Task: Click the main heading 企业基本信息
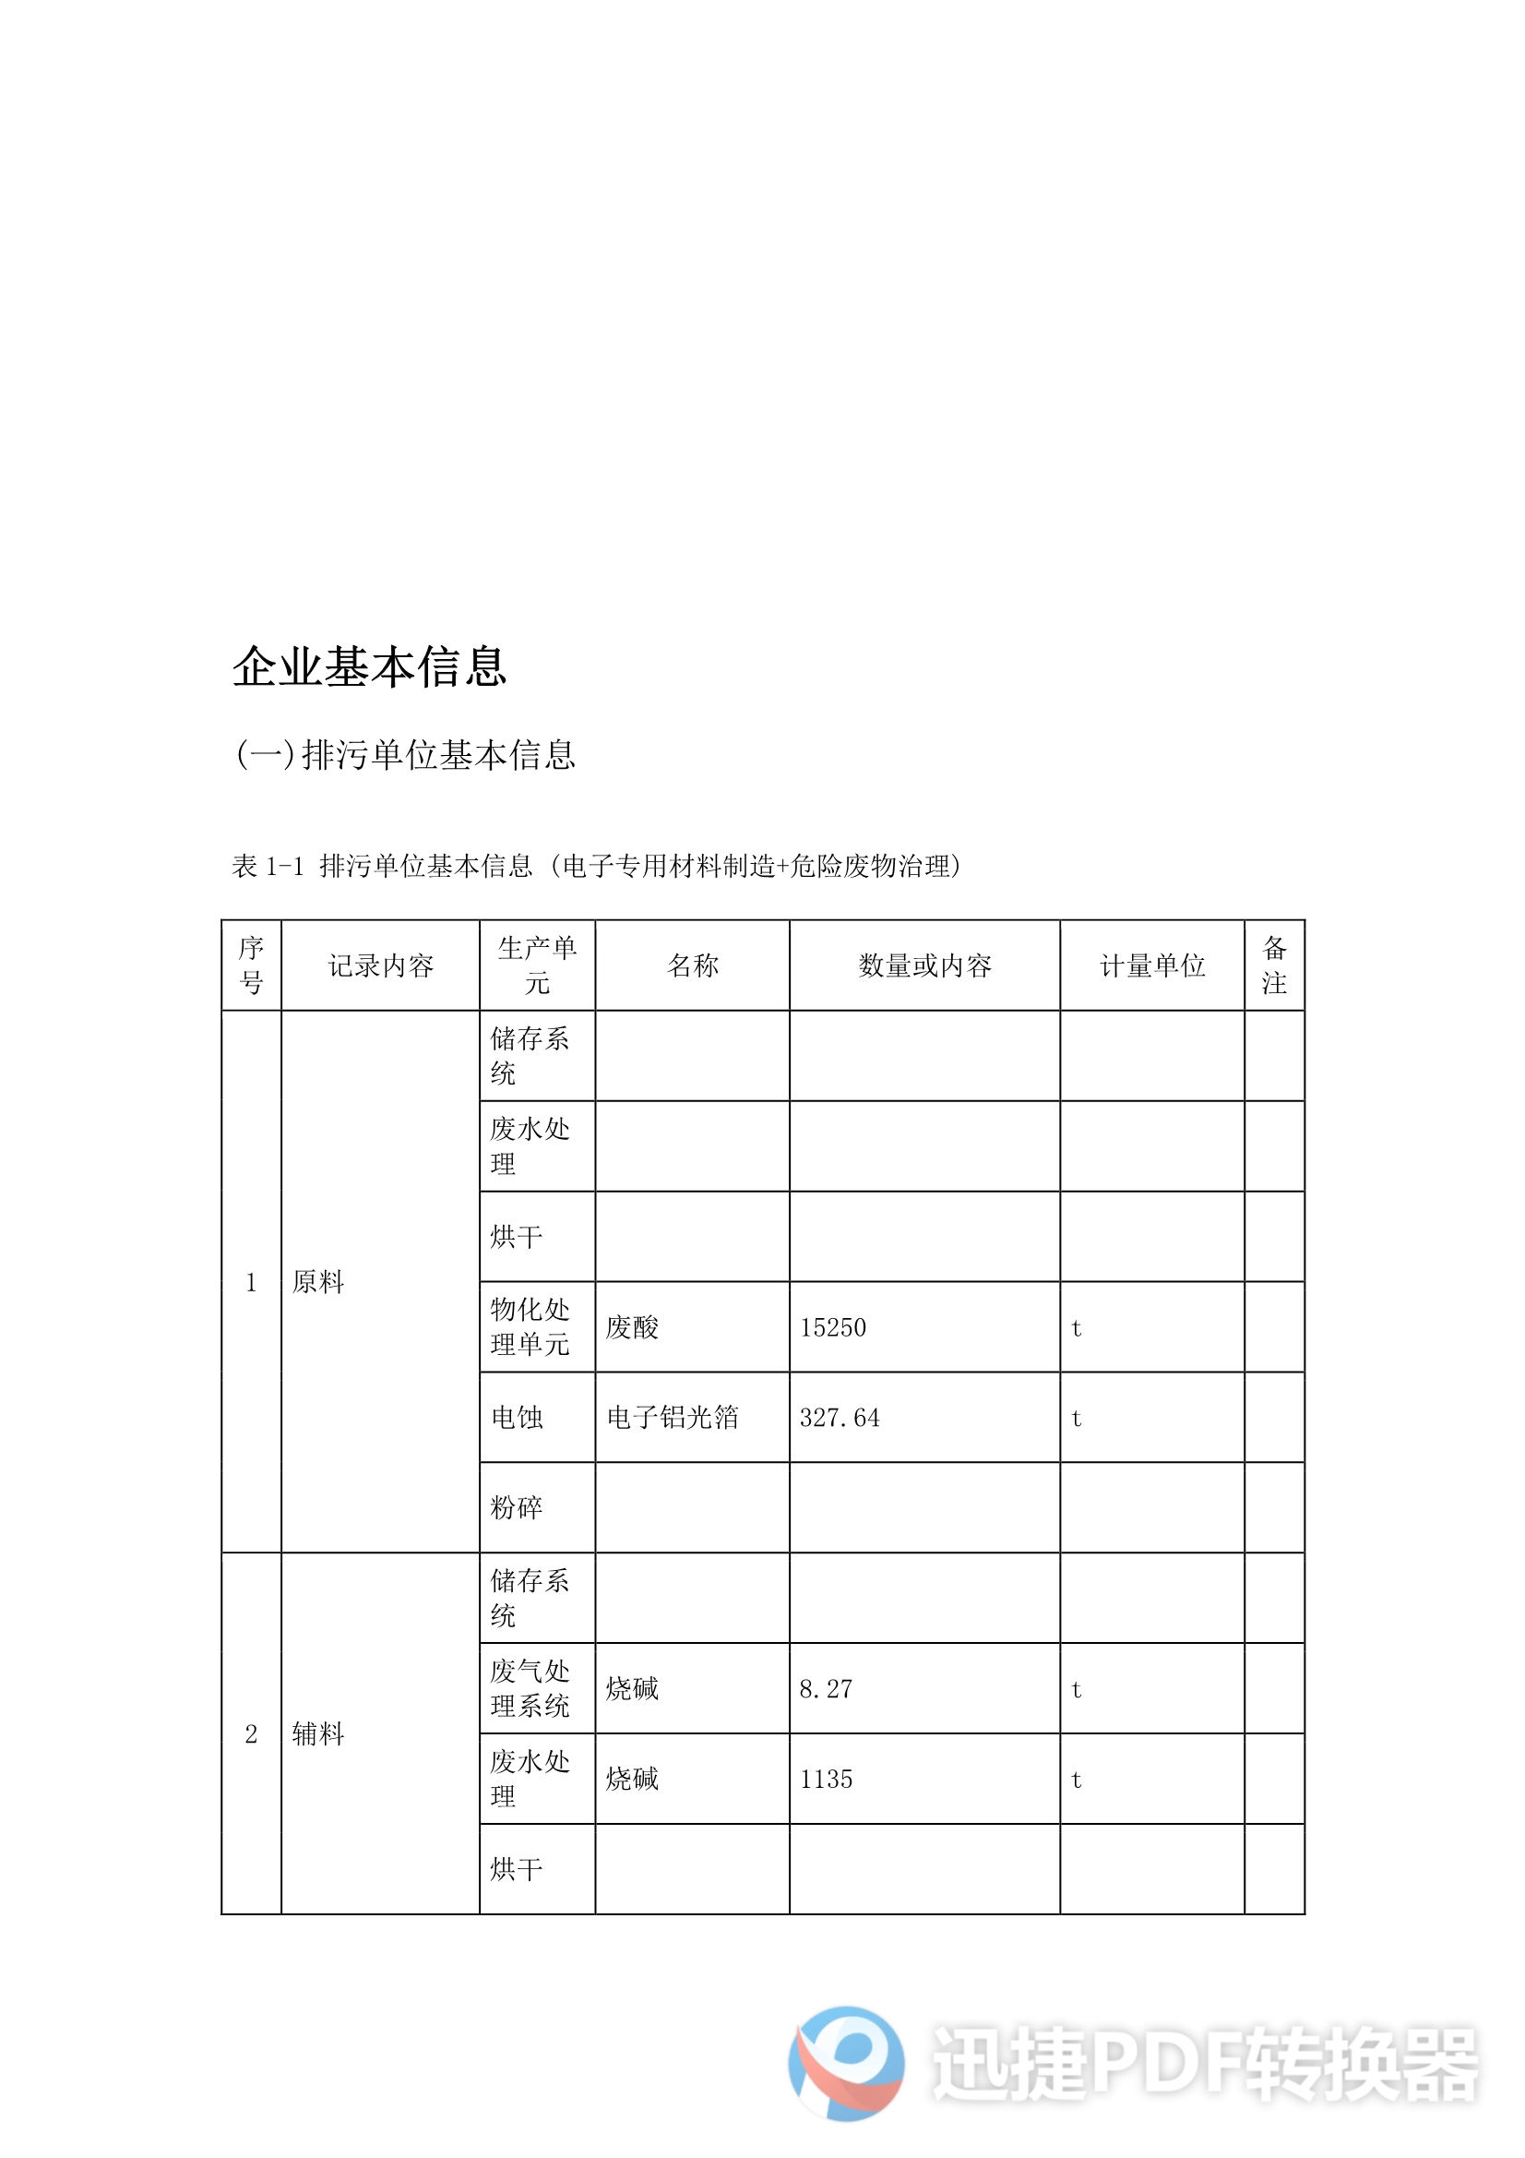[x=369, y=666]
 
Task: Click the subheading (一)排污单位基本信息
[x=406, y=755]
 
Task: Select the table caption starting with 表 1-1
[x=597, y=866]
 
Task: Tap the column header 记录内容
[x=380, y=965]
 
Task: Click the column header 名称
[x=693, y=965]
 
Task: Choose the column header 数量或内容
[x=924, y=965]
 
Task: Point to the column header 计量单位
[x=1152, y=965]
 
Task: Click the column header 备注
[x=1274, y=965]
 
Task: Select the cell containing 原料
[x=318, y=1282]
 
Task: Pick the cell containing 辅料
[x=318, y=1734]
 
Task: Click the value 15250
[x=833, y=1327]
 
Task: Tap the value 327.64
[x=840, y=1418]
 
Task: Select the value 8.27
[x=826, y=1689]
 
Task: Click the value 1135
[x=826, y=1780]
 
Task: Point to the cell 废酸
[x=632, y=1327]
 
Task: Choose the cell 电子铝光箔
[x=673, y=1418]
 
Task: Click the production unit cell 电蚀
[x=517, y=1418]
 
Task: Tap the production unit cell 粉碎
[x=517, y=1507]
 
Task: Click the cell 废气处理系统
[x=530, y=1689]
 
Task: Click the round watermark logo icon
[x=847, y=2063]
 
